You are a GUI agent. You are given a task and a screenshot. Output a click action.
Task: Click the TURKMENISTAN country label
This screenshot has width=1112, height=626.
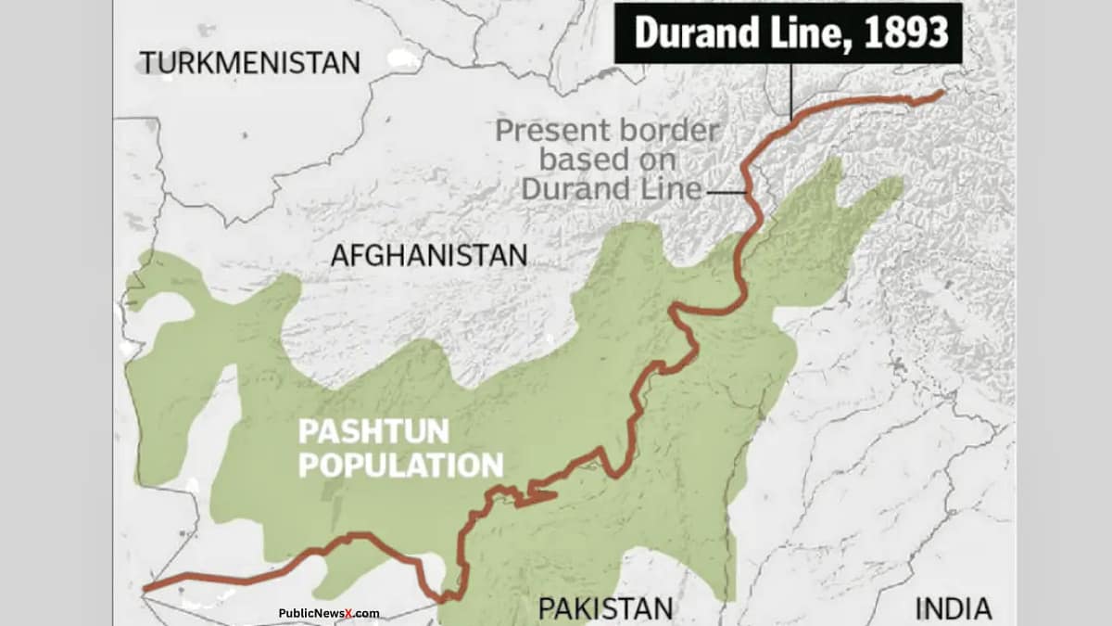point(249,63)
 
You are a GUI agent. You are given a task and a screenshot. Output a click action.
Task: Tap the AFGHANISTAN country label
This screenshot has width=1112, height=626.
point(429,255)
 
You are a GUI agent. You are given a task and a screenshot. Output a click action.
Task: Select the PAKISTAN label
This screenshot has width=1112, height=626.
point(606,608)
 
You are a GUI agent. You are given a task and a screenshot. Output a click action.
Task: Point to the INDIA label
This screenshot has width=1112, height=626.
point(954,608)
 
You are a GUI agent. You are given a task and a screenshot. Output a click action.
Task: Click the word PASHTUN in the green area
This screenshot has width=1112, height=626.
point(373,431)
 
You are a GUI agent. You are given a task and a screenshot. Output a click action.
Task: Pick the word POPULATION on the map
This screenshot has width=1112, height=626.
point(400,463)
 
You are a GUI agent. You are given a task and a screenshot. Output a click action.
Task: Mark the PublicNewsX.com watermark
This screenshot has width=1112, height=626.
point(329,613)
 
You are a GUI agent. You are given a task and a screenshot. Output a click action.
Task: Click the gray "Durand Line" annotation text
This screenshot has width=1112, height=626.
point(612,188)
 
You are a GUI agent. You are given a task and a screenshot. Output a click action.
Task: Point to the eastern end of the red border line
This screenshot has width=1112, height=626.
point(942,93)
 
